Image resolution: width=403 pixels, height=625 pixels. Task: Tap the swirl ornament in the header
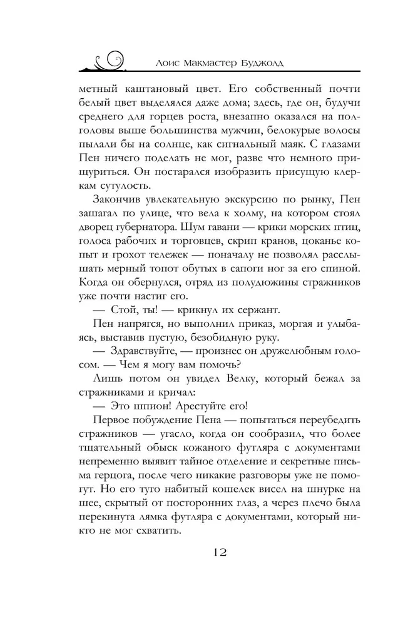coord(108,59)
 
